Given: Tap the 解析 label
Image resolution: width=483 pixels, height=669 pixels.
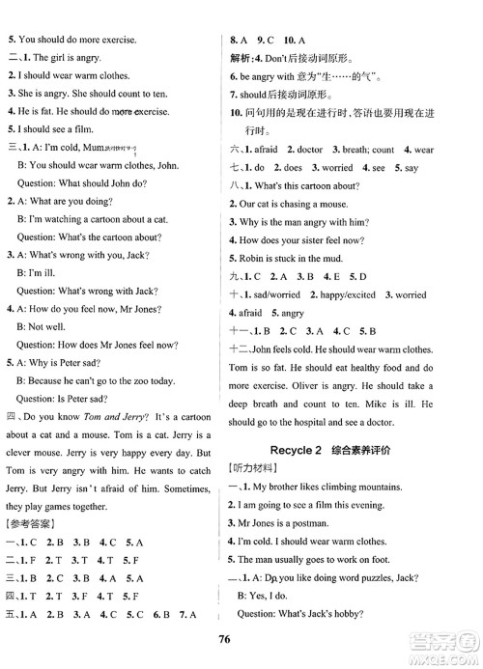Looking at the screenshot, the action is point(237,58).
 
